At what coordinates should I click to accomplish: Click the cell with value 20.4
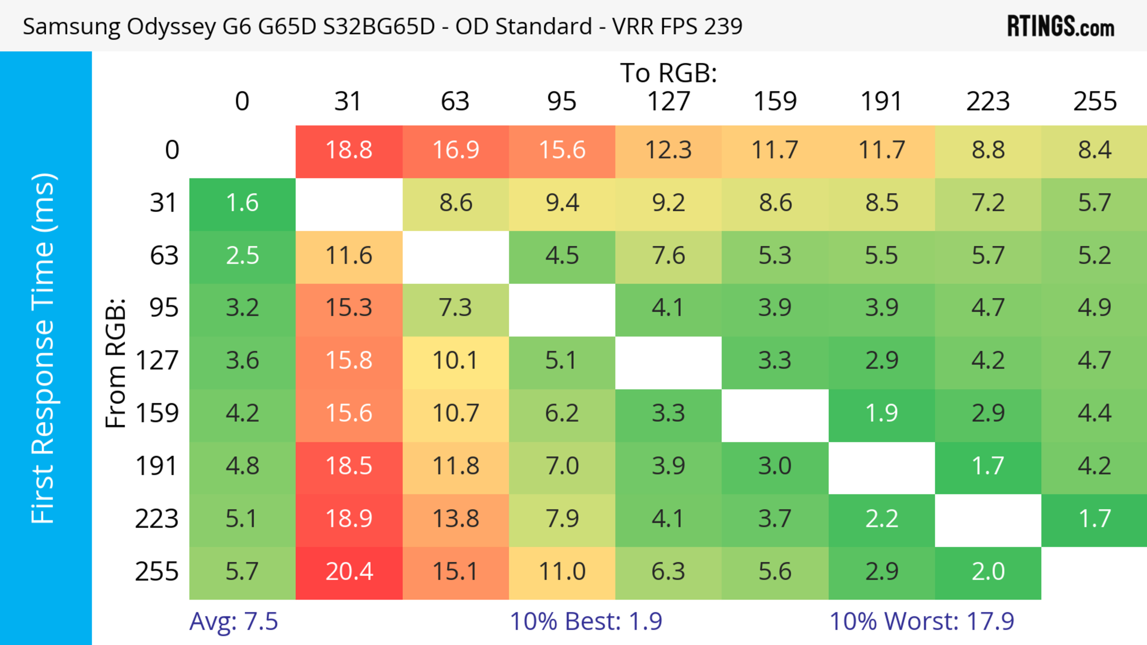349,572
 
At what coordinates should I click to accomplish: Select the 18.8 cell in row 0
349,150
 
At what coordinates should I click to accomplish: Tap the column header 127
668,101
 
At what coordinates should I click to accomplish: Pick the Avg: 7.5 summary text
234,621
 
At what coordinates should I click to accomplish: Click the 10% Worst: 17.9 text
922,621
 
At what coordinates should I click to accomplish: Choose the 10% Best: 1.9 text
586,621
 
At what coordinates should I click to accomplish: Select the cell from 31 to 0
242,203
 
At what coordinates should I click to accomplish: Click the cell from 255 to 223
988,572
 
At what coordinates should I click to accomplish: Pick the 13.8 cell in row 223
456,519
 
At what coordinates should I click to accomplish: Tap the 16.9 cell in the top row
456,150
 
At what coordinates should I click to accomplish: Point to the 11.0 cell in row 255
562,572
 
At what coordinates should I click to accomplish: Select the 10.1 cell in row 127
456,360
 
